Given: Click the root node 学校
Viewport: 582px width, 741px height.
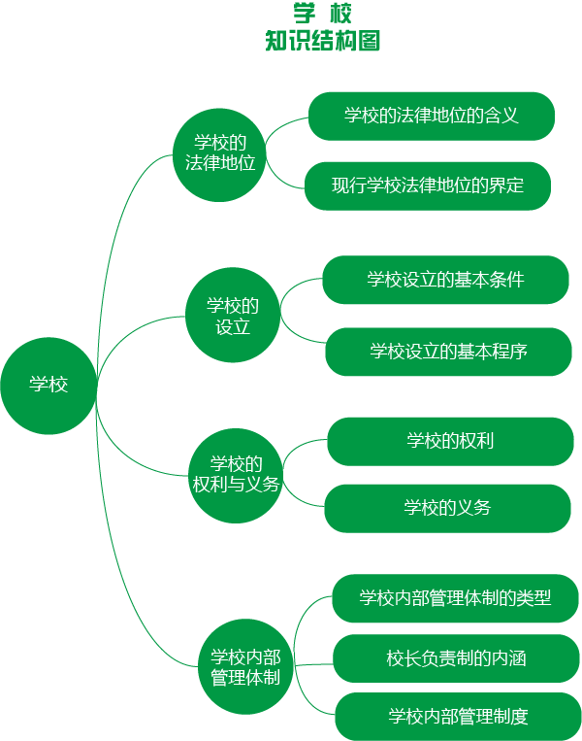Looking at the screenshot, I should click(48, 385).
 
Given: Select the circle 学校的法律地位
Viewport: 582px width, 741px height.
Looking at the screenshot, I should click(220, 153).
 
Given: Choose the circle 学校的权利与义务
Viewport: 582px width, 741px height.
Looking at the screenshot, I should click(236, 474).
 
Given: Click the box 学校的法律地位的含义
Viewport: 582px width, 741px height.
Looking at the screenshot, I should click(431, 116).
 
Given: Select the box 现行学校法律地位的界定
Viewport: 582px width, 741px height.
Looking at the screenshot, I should click(428, 185).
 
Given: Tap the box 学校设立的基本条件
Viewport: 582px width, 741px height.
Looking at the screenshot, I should click(445, 280).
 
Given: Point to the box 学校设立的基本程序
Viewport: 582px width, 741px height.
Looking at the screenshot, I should click(448, 352).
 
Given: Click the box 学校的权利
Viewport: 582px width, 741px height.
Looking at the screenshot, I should click(450, 441).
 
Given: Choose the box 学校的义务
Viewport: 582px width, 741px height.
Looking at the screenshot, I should click(447, 508).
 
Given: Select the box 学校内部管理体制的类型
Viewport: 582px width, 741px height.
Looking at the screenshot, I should click(455, 598).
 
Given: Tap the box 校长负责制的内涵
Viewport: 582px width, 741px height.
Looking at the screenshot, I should click(456, 658).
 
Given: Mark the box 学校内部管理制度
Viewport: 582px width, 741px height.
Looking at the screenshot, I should click(458, 718).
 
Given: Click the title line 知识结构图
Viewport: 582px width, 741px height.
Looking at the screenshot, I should click(322, 41).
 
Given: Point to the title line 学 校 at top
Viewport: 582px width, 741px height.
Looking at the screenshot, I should click(322, 14).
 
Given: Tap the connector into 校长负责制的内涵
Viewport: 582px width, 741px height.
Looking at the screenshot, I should click(313, 664).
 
